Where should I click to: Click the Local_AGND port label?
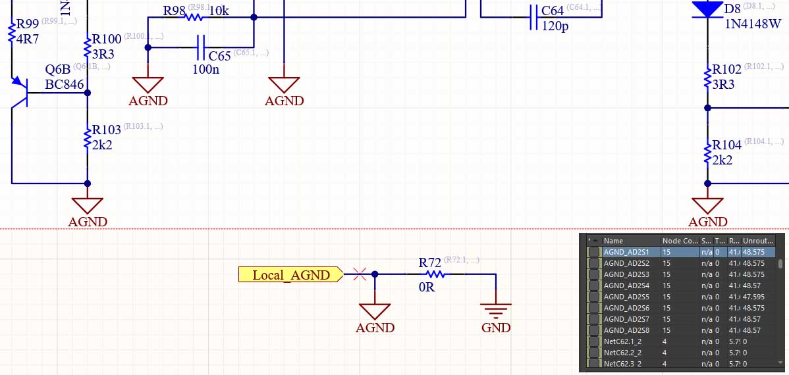290,274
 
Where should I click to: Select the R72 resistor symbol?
433,274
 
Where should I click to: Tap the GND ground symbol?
495,309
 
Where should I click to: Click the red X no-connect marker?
360,274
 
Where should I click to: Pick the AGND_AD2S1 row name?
626,252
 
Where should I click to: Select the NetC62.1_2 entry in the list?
626,341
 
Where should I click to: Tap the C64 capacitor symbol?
533,17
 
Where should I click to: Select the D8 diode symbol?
707,9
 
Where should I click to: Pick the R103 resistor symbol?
88,138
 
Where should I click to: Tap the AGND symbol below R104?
708,205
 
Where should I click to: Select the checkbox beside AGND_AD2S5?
595,297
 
